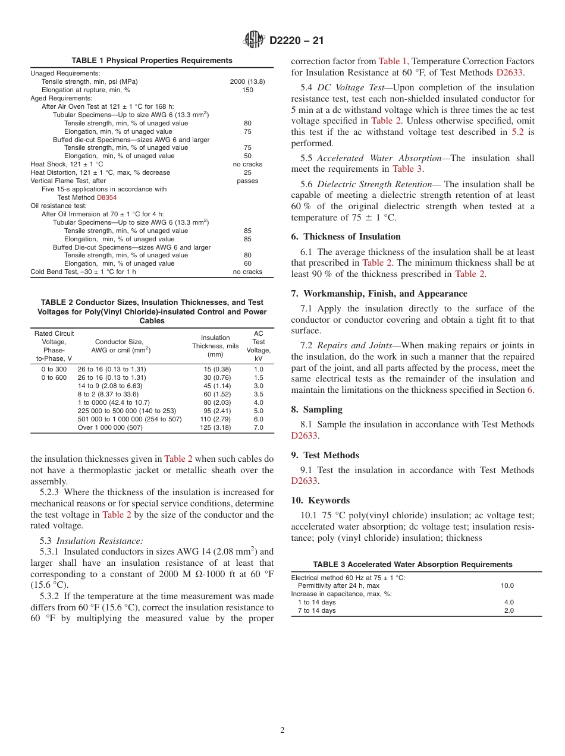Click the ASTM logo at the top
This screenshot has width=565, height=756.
254,40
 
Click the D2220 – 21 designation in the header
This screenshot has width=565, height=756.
296,41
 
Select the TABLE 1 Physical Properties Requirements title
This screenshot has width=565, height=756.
152,61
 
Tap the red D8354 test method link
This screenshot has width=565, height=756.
106,197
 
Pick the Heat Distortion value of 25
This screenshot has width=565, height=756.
247,172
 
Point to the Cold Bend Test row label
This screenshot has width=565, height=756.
83,272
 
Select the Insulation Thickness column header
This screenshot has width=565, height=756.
215,346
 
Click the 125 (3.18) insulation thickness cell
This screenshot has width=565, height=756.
215,427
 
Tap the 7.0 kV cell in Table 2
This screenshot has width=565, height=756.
259,427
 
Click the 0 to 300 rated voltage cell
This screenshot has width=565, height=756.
54,369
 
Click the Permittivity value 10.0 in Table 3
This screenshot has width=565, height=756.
507,585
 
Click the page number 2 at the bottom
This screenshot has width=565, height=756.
282,730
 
